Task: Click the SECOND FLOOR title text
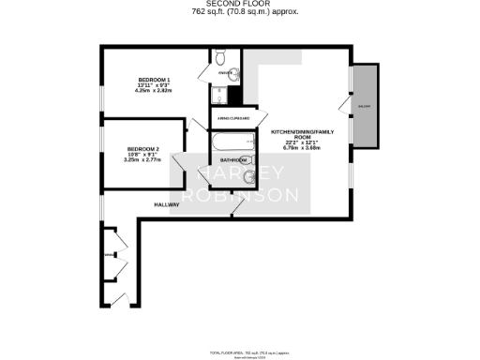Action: (x=239, y=5)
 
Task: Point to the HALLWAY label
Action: (x=168, y=203)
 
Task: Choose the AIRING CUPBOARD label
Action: (x=234, y=119)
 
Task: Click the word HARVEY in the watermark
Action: (x=248, y=175)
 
